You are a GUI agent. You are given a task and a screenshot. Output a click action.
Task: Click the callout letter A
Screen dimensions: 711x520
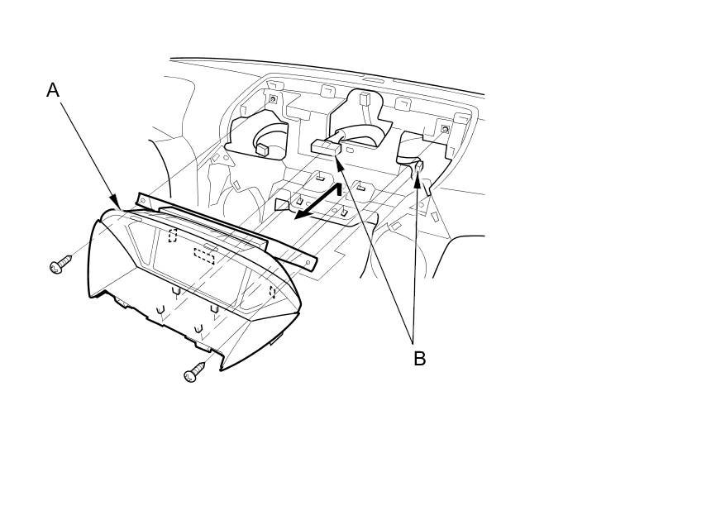(x=53, y=90)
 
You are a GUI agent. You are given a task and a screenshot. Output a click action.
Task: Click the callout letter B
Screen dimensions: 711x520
(x=419, y=358)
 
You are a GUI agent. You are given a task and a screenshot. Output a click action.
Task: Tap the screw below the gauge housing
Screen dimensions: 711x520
(x=193, y=373)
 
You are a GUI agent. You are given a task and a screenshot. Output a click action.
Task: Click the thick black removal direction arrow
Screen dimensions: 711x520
(x=317, y=203)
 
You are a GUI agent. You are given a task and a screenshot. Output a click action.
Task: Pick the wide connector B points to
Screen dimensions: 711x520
(x=326, y=146)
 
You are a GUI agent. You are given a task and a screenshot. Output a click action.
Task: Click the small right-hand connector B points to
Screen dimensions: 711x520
(x=419, y=166)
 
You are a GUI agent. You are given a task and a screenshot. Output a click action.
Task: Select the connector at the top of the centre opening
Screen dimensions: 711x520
(x=364, y=99)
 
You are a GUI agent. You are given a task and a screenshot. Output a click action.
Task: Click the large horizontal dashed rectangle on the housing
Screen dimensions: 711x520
(x=203, y=255)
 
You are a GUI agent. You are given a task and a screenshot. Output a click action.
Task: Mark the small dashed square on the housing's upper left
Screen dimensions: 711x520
(x=173, y=236)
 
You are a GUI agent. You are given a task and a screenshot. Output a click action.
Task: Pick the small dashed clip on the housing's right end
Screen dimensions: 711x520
(x=272, y=291)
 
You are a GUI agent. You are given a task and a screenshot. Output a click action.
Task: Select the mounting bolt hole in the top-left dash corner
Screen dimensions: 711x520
(x=272, y=100)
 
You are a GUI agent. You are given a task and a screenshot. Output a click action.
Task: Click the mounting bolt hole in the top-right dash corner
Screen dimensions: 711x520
(x=446, y=129)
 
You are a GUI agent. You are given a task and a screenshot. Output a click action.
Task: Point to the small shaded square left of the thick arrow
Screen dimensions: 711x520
(x=281, y=203)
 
